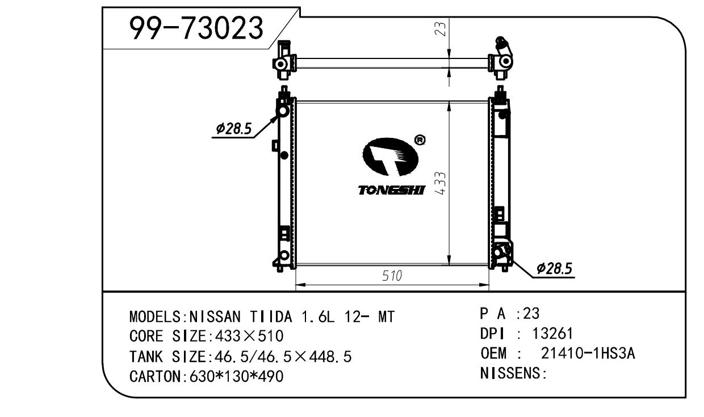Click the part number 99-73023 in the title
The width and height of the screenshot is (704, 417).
coord(196,28)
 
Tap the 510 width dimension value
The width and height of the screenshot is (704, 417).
coord(392,276)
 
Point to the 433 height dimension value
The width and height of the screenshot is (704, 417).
coord(441,183)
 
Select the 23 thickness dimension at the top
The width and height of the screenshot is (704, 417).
coord(441,29)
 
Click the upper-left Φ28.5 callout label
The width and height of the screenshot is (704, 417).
coord(234,128)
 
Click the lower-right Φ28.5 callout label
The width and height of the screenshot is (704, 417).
coord(554,269)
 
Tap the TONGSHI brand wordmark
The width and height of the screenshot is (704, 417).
coord(392,190)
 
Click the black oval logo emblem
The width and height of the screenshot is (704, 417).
coord(391,157)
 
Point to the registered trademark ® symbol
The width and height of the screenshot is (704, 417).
coord(420,140)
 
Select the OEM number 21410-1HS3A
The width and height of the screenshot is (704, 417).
coord(588,353)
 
